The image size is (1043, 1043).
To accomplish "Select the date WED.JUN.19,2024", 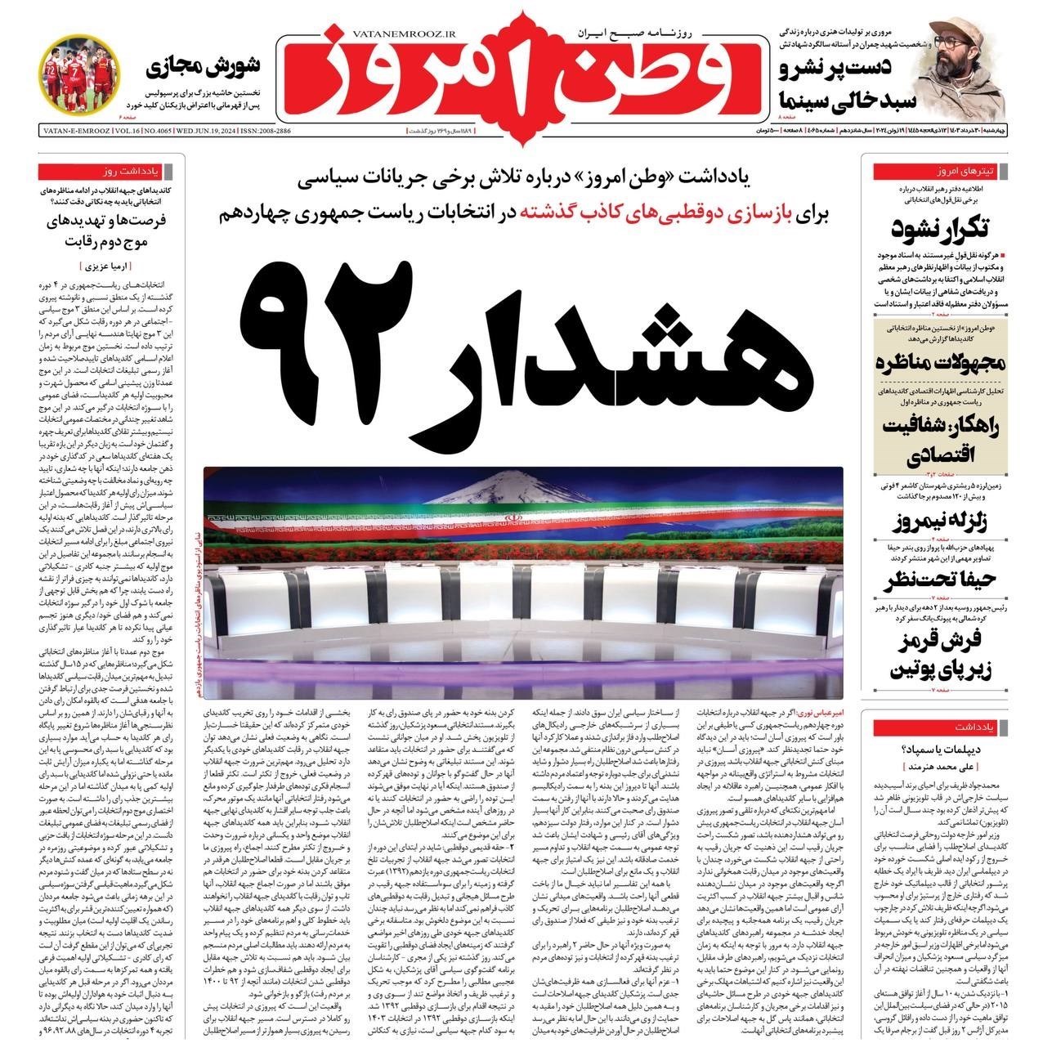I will tap(186, 131).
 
